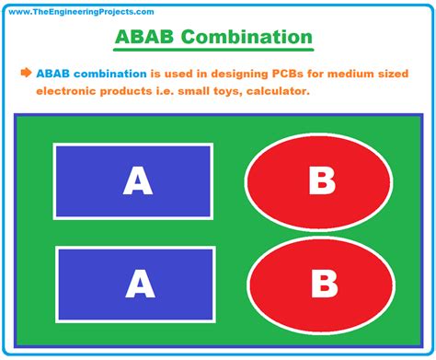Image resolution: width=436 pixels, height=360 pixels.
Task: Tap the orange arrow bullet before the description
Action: point(26,73)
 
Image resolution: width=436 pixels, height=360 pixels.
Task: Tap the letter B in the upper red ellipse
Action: point(321,181)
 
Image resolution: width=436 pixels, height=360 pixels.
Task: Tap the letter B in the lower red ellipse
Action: point(321,283)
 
